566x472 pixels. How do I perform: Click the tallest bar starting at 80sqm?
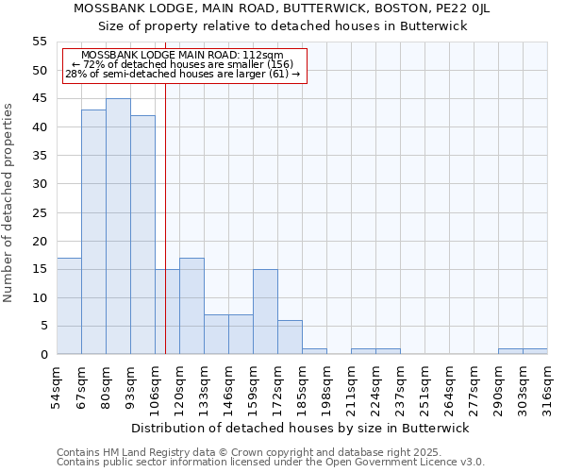pos(118,227)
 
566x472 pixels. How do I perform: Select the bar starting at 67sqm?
pos(93,232)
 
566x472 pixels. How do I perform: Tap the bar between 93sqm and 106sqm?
pos(142,235)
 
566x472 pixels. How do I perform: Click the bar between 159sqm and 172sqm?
pos(265,312)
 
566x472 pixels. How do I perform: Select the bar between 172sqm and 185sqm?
pos(290,337)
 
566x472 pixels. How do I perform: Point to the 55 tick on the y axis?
pos(40,42)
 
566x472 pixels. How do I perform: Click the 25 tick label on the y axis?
pos(40,212)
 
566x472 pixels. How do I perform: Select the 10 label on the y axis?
pos(40,297)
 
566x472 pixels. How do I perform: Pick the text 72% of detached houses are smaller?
pos(183,64)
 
